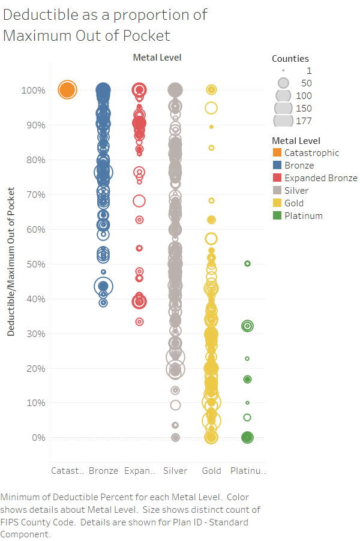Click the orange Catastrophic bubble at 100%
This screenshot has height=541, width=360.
click(67, 90)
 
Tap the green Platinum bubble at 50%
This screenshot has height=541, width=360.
click(247, 263)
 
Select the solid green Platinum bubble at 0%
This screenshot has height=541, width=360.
click(247, 437)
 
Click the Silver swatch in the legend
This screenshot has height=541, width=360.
click(277, 191)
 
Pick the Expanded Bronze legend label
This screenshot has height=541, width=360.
click(321, 178)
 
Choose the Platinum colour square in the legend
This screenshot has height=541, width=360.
click(277, 216)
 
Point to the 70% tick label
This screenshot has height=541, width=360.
click(36, 195)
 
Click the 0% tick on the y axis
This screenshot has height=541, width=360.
click(38, 438)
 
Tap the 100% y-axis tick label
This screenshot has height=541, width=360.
click(33, 91)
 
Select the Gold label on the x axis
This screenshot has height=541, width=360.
click(212, 471)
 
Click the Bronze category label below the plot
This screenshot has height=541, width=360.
click(103, 471)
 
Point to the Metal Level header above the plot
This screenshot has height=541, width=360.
click(157, 58)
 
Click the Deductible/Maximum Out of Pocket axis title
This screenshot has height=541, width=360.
click(11, 262)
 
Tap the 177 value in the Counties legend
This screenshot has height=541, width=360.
click(304, 121)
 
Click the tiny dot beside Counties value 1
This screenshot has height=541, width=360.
click(283, 70)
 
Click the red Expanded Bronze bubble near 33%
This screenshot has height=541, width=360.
click(139, 322)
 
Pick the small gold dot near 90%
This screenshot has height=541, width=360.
click(212, 127)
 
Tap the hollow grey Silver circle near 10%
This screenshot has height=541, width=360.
click(175, 405)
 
